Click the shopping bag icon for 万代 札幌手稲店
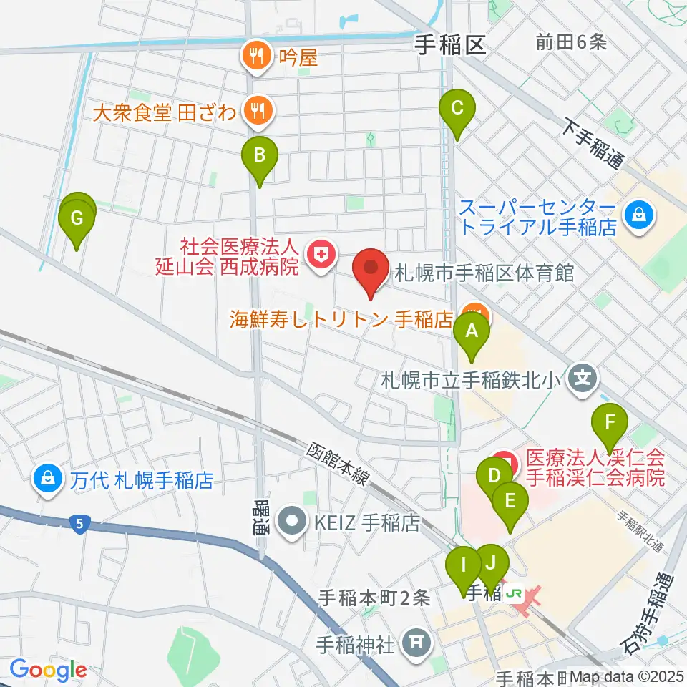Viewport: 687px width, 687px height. pos(48,479)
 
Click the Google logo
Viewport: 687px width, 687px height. pos(47,669)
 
